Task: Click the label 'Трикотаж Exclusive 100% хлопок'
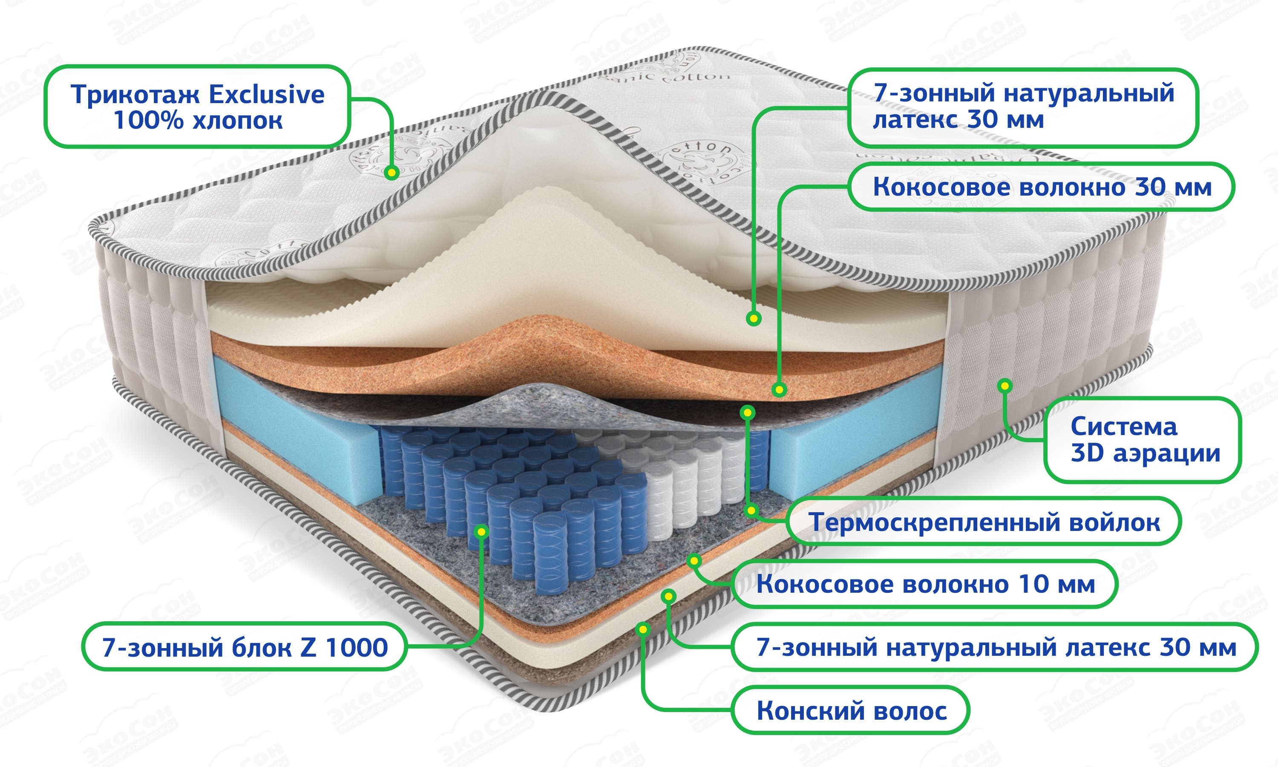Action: [197, 107]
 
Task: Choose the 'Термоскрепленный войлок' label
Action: [984, 522]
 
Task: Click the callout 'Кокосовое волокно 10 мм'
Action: [925, 584]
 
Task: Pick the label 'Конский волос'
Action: [851, 710]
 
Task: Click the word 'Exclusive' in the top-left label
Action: [267, 94]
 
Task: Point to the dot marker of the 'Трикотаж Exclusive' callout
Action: [391, 172]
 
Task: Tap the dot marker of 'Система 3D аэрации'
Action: [1005, 386]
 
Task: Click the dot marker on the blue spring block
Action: [481, 531]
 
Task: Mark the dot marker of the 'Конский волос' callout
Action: [643, 629]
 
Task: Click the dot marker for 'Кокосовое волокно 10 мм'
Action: [694, 561]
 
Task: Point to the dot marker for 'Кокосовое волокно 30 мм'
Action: [779, 389]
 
